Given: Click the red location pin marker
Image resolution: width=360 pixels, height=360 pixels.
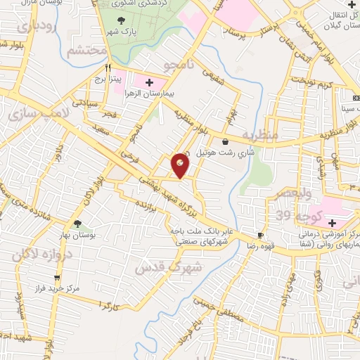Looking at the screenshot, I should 181,165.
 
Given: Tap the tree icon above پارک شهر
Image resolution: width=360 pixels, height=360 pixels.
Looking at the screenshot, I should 124,22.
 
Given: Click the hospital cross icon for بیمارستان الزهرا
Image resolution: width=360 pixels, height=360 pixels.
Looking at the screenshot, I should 148,82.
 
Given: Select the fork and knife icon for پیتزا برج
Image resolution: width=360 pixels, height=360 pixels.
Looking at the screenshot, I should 109,69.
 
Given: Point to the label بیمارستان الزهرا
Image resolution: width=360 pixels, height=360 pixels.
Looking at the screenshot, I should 161,93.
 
